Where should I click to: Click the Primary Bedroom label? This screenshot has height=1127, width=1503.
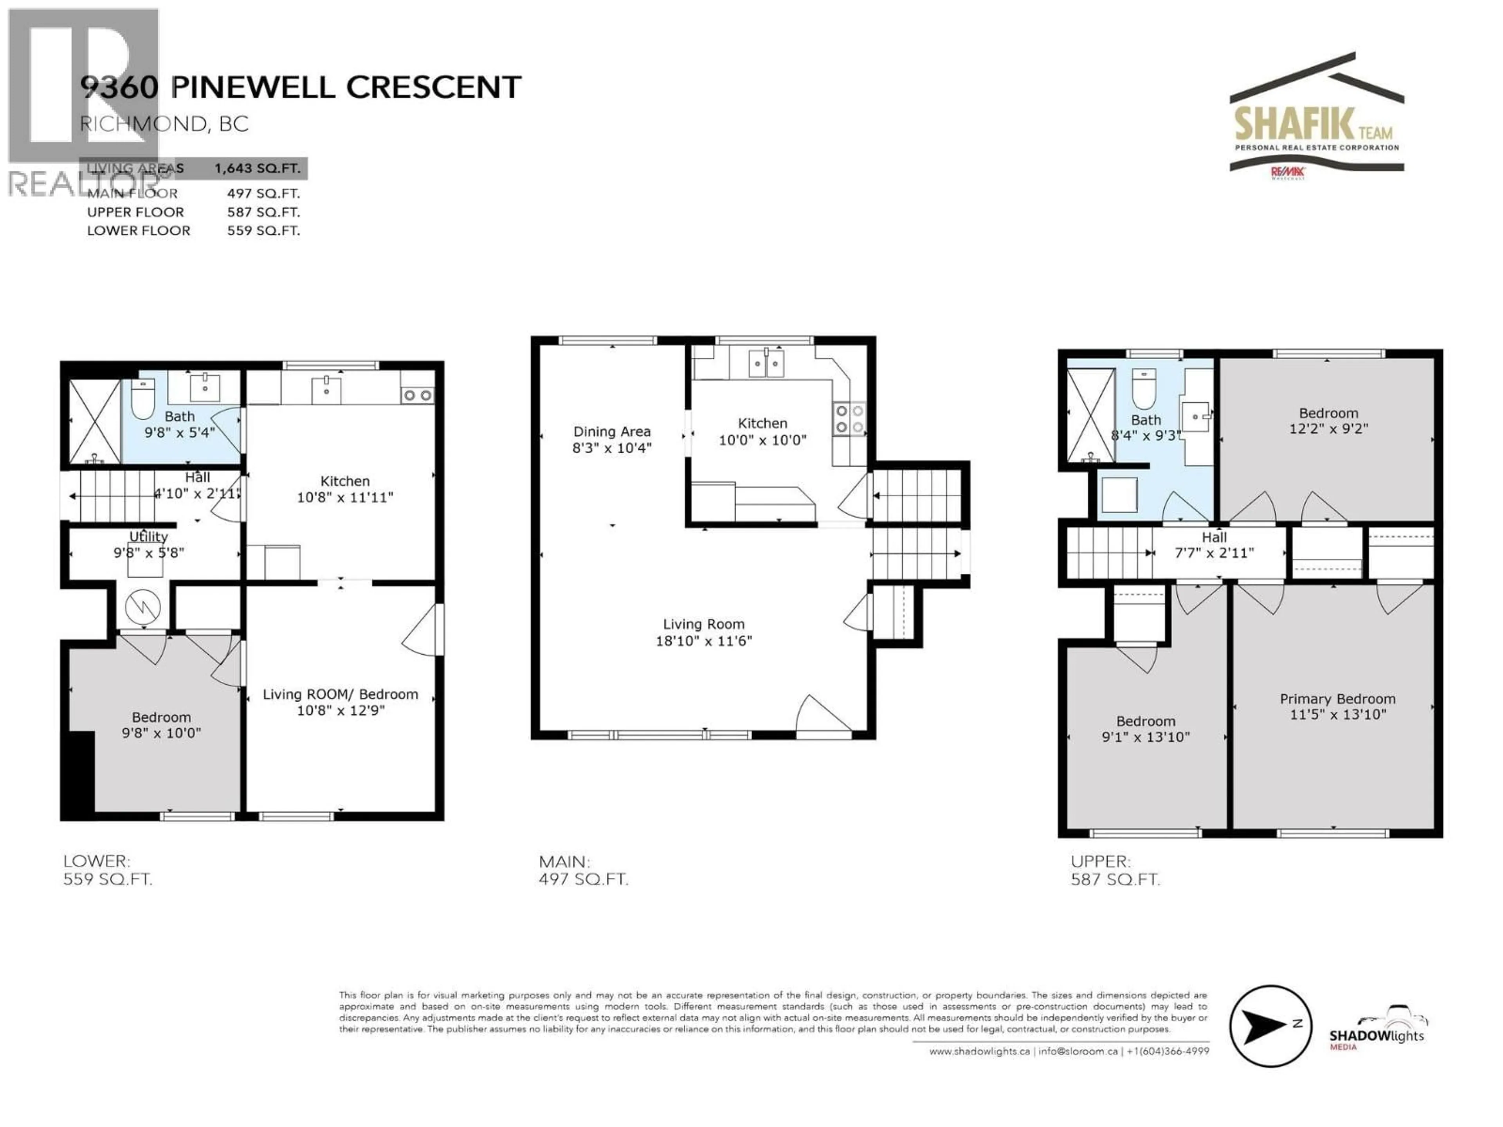[1337, 699]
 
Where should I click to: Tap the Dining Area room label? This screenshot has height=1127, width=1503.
[611, 431]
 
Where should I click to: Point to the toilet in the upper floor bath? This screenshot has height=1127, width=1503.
[1144, 389]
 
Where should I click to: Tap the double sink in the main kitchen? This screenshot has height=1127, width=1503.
[766, 364]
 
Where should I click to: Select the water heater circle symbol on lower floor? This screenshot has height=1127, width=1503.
[143, 606]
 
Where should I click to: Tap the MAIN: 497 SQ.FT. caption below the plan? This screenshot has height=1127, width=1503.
[583, 870]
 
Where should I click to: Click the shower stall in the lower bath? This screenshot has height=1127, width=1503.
[94, 421]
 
